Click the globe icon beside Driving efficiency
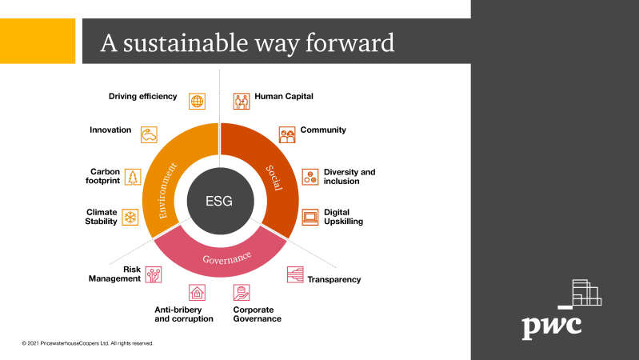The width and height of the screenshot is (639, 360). click(197, 101)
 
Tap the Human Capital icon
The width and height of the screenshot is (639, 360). click(242, 101)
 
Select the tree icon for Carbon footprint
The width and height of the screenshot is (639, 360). click(133, 177)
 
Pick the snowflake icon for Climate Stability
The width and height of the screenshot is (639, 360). click(130, 217)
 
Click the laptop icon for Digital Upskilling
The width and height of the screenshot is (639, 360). click(310, 217)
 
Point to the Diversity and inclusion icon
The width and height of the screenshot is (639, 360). click(310, 177)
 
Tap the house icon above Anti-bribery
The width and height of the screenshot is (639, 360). click(197, 292)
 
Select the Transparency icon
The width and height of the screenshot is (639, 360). click(295, 274)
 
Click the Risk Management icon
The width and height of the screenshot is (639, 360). click(154, 274)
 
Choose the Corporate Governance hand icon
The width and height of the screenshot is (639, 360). click(242, 292)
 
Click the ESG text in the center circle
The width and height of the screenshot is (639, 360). click(219, 201)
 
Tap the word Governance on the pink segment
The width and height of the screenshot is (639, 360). click(226, 258)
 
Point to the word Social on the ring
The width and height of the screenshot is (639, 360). click(274, 178)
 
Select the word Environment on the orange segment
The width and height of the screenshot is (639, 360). click(167, 190)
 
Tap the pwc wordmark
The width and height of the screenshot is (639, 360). click(552, 326)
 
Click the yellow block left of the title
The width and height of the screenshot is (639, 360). click(38, 41)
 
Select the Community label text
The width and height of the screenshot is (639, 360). click(323, 130)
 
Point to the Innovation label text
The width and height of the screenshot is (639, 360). click(110, 130)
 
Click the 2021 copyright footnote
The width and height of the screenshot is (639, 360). click(88, 343)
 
